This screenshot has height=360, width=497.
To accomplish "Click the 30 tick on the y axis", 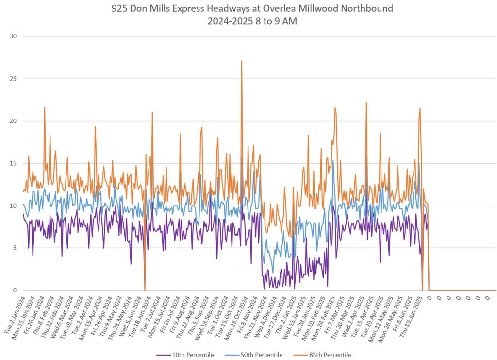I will pos(13,36).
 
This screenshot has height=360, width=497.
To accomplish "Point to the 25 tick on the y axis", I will pos(13,79).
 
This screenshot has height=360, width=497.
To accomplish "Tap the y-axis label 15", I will pos(13,163).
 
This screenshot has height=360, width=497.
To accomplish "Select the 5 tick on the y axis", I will pos(15,248).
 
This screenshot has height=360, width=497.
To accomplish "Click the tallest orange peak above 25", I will pos(241,61).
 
